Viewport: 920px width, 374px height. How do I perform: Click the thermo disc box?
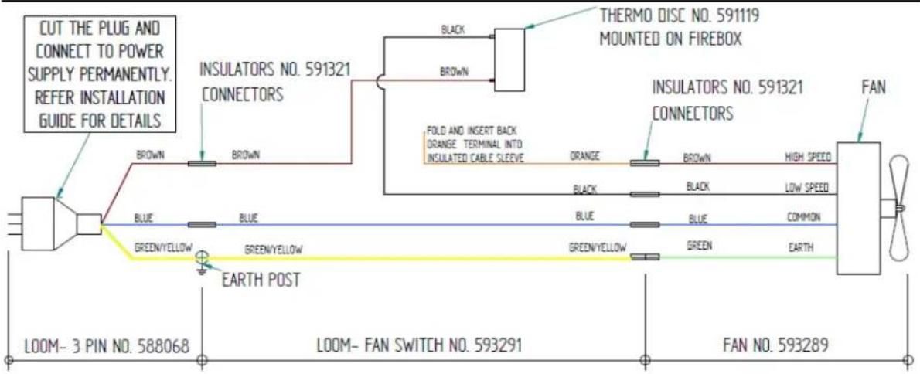[510, 59]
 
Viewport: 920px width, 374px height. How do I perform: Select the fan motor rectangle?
[858, 208]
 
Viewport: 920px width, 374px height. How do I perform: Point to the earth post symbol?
[202, 261]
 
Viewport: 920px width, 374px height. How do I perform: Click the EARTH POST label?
[261, 280]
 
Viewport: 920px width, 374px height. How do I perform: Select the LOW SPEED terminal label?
[807, 188]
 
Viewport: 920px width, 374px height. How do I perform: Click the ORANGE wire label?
[584, 157]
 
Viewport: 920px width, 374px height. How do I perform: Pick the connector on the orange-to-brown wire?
[645, 163]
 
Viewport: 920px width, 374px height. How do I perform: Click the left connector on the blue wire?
[202, 225]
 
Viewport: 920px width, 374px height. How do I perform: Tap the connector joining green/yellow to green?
[645, 257]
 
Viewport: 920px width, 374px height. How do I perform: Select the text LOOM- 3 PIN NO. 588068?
[107, 346]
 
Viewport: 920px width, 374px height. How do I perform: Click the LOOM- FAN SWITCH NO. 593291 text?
[420, 345]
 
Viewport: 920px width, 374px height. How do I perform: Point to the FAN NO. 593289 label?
[775, 345]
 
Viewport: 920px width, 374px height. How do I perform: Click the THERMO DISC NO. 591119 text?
[679, 15]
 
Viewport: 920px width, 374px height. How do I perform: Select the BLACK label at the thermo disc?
[452, 30]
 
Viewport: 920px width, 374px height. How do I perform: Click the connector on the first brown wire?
[202, 163]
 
